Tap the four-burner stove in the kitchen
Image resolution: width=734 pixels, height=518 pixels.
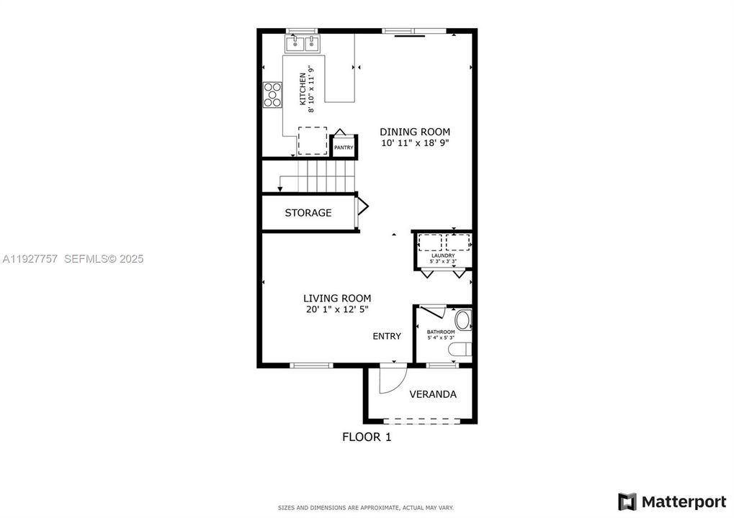coord(272,95)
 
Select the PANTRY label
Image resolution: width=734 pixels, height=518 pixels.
coord(344,147)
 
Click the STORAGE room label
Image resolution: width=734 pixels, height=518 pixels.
coord(308,213)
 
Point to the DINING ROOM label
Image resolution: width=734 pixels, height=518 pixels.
coord(415,132)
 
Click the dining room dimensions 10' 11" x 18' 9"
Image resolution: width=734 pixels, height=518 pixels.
coord(415,143)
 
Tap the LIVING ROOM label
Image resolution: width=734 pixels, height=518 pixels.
coord(337,298)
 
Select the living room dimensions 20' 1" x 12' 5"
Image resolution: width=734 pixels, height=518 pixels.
coord(337,310)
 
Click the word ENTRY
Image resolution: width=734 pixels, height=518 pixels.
coord(387,336)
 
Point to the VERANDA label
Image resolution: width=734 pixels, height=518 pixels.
coord(433,394)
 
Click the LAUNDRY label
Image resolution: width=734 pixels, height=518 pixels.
coord(442,255)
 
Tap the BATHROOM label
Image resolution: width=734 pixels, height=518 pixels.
coord(441,332)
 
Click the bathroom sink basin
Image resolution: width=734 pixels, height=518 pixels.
coord(462,319)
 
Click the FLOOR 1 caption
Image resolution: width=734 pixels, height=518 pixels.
coord(367,436)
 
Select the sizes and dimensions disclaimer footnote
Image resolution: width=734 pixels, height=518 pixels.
coord(366,508)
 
